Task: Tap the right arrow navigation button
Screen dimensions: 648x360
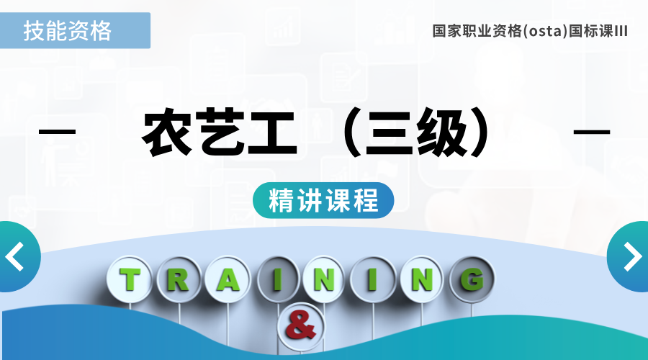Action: (x=629, y=256)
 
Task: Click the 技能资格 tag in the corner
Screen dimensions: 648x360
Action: (x=75, y=30)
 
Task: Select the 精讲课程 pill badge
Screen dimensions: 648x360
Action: (x=323, y=200)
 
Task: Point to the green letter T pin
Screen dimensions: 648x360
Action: (x=130, y=279)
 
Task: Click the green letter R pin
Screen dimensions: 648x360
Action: (x=179, y=279)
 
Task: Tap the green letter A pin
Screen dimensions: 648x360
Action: (x=228, y=279)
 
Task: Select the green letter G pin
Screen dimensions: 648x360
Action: (x=472, y=279)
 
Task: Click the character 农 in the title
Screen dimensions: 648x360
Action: (x=167, y=132)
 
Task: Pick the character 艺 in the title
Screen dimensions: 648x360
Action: (x=221, y=132)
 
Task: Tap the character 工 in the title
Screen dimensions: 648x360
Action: (x=273, y=132)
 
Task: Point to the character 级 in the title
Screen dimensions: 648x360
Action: (x=442, y=132)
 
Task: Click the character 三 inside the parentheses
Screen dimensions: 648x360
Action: (x=390, y=132)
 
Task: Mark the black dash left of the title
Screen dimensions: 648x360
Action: (x=58, y=132)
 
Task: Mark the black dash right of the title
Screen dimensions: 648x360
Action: (x=592, y=132)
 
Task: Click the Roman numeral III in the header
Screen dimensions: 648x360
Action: (x=621, y=31)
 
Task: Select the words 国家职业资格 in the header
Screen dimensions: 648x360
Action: (x=477, y=31)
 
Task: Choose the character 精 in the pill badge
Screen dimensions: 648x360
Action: (x=281, y=200)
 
